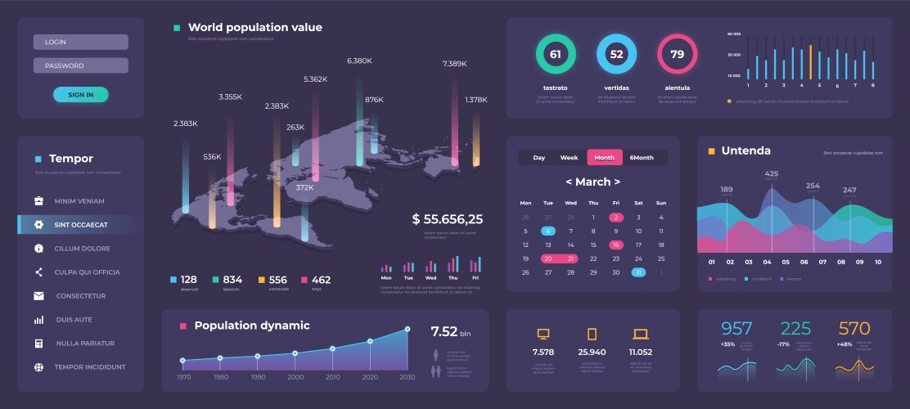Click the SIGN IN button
pyautogui.click(x=80, y=94)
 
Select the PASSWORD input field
pyautogui.click(x=80, y=65)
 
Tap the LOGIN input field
pyautogui.click(x=80, y=42)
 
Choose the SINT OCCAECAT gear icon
pyautogui.click(x=38, y=224)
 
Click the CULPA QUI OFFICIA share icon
pyautogui.click(x=38, y=272)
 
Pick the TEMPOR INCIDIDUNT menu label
pyautogui.click(x=90, y=366)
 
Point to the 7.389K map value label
pyautogui.click(x=454, y=64)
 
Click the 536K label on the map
pyautogui.click(x=212, y=156)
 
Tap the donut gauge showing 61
pyautogui.click(x=555, y=55)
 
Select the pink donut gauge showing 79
pyautogui.click(x=677, y=55)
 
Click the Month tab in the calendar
pyautogui.click(x=604, y=157)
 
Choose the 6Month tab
pyautogui.click(x=642, y=157)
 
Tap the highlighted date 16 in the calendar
pyautogui.click(x=615, y=245)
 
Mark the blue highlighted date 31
pyautogui.click(x=638, y=272)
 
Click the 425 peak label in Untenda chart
pyautogui.click(x=771, y=174)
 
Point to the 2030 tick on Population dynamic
pyautogui.click(x=407, y=376)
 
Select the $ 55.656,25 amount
pyautogui.click(x=447, y=218)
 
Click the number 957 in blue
pyautogui.click(x=736, y=329)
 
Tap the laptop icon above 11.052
pyautogui.click(x=640, y=334)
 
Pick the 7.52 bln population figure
pyautogui.click(x=450, y=331)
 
